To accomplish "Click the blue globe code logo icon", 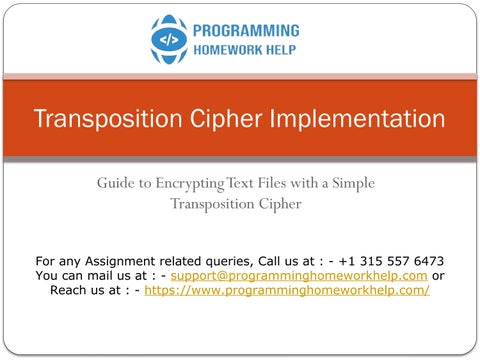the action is pyautogui.click(x=169, y=39).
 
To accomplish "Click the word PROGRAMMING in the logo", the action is pyautogui.click(x=246, y=31).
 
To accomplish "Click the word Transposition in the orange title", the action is pyautogui.click(x=108, y=119).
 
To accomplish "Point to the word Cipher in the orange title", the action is pyautogui.click(x=226, y=119).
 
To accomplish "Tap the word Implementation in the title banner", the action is pyautogui.click(x=357, y=119).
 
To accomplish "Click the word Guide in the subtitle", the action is pyautogui.click(x=115, y=183).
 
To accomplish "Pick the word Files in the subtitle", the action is pyautogui.click(x=272, y=183).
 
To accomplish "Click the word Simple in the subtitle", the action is pyautogui.click(x=353, y=184).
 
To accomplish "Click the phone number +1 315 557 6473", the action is pyautogui.click(x=391, y=261).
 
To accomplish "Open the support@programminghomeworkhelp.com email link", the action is pyautogui.click(x=299, y=276).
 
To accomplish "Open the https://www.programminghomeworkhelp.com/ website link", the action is pyautogui.click(x=287, y=291).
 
